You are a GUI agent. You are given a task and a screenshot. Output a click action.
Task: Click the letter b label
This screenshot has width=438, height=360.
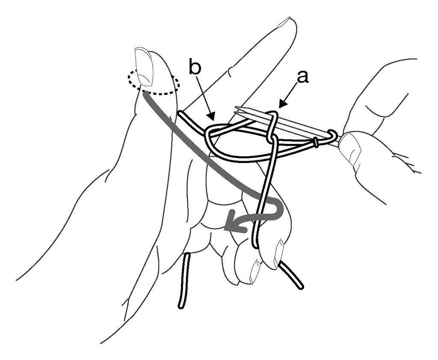point(195,66)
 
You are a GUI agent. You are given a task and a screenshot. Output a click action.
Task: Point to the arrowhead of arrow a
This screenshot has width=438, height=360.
point(283,104)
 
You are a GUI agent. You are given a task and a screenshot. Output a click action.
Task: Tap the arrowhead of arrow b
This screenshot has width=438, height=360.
point(211,116)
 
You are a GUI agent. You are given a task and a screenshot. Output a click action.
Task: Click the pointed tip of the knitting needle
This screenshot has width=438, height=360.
point(236,107)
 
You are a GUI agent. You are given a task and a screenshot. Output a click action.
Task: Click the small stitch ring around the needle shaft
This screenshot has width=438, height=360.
point(316,143)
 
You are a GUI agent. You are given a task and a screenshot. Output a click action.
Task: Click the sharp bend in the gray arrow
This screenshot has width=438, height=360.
point(278,207)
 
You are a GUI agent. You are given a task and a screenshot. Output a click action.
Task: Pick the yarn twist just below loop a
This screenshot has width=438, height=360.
point(271,138)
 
